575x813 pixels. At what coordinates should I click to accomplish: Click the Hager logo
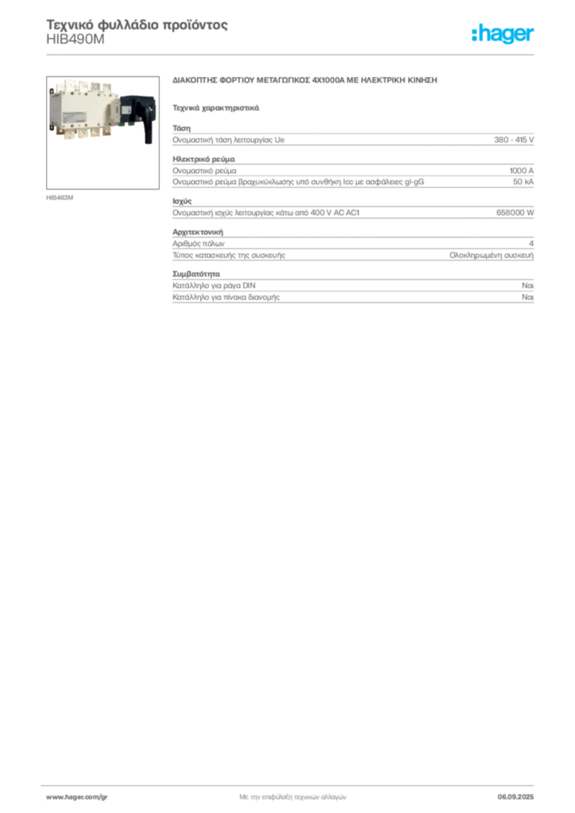(x=502, y=33)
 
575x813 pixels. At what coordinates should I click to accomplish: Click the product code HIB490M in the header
(x=75, y=40)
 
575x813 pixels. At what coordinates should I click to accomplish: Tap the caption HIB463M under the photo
(x=60, y=198)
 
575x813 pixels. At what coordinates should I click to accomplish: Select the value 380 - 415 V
(x=514, y=140)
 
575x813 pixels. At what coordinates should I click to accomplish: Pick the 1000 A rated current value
(x=522, y=171)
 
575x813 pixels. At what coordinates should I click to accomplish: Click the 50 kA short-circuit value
(x=523, y=182)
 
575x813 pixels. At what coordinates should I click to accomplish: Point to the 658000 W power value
(x=515, y=213)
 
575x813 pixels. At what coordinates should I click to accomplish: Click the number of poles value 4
(x=531, y=243)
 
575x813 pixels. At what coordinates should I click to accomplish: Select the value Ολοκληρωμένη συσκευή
(x=492, y=255)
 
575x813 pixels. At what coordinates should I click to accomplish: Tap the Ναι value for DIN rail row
(x=528, y=285)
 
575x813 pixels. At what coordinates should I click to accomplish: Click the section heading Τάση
(x=181, y=128)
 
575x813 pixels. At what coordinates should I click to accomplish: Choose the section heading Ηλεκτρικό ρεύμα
(x=204, y=159)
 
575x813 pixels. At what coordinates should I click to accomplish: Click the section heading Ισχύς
(x=182, y=201)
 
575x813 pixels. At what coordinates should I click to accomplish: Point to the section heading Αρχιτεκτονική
(x=198, y=232)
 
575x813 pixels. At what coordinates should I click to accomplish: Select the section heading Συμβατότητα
(x=196, y=274)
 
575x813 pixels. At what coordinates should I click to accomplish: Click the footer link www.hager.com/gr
(x=77, y=797)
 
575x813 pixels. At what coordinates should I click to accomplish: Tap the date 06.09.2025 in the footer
(x=515, y=797)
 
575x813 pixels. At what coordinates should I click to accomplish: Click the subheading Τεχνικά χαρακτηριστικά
(x=216, y=108)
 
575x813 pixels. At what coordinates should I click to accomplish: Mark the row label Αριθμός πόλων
(x=199, y=243)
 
